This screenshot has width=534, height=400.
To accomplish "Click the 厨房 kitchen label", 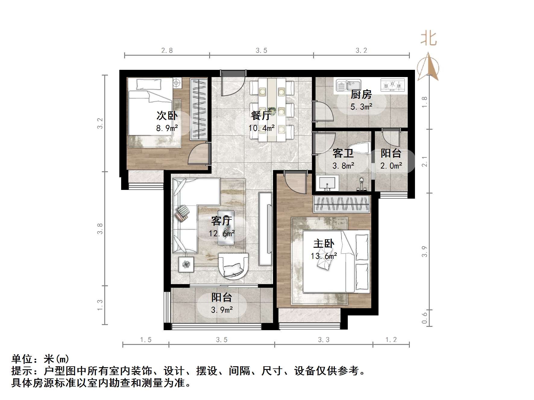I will [361, 95].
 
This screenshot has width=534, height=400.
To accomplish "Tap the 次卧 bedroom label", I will [167, 116].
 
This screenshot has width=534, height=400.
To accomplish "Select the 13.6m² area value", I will [324, 256].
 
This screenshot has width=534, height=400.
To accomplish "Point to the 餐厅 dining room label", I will [261, 116].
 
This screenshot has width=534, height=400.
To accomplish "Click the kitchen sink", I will [348, 85].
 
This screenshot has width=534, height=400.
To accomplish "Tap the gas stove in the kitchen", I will [392, 85].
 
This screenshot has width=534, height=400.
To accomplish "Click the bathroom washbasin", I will [327, 183].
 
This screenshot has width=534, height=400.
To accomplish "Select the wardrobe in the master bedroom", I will [341, 204].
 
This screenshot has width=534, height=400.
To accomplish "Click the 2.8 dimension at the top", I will [167, 51].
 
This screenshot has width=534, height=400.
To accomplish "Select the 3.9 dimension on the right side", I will [425, 252].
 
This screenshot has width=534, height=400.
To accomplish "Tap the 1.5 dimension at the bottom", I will [146, 340].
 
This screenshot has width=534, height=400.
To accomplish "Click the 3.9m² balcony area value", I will [222, 310].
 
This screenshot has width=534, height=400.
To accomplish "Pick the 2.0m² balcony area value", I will [391, 166].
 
